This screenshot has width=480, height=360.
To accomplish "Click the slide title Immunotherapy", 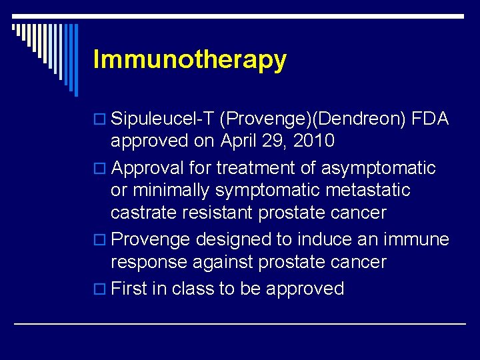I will pyautogui.click(x=190, y=60).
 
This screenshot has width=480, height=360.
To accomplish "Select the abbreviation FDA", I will pyautogui.click(x=431, y=119).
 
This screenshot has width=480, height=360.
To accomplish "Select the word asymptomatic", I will pyautogui.click(x=378, y=168).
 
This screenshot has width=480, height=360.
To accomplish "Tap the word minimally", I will pyautogui.click(x=171, y=191).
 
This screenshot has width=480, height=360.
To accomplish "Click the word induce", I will pyautogui.click(x=323, y=239).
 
